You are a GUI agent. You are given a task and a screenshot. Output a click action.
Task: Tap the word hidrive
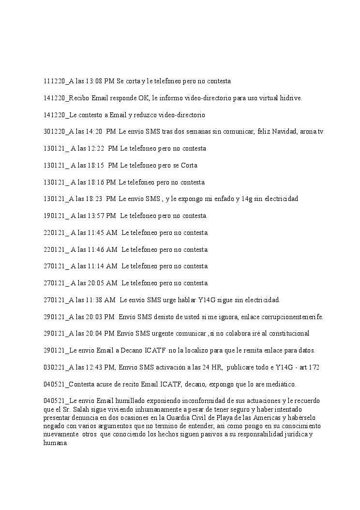pyautogui.click(x=290, y=98)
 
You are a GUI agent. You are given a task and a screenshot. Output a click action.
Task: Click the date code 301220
pyautogui.click(x=54, y=132)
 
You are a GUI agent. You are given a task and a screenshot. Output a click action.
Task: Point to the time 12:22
pyautogui.click(x=96, y=149)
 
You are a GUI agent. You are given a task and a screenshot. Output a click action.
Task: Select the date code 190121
pyautogui.click(x=54, y=216)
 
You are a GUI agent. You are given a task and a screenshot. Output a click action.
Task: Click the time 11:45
pyautogui.click(x=96, y=233)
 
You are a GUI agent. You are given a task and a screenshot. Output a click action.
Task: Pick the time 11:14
pyautogui.click(x=96, y=266)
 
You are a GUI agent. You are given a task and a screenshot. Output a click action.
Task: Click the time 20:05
pyautogui.click(x=96, y=283)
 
